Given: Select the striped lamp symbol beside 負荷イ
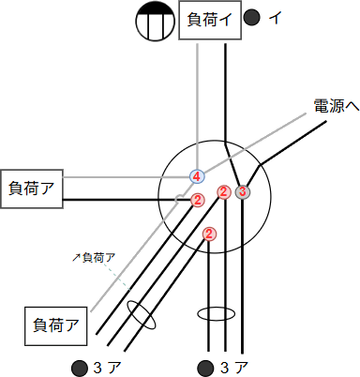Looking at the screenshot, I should (152, 22).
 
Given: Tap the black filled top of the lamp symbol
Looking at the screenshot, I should (152, 9).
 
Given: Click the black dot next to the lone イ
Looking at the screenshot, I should (251, 17).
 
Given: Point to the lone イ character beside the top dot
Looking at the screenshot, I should (275, 17).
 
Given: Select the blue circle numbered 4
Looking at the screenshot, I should (197, 175).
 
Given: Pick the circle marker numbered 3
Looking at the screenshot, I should (242, 192).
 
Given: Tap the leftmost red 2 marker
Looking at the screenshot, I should (197, 200).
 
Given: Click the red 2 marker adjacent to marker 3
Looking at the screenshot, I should (224, 192).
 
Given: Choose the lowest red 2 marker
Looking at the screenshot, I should (209, 234).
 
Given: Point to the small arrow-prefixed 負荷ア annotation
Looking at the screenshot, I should (95, 256).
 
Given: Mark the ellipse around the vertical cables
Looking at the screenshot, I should (216, 314).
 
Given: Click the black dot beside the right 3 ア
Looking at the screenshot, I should (202, 365).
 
